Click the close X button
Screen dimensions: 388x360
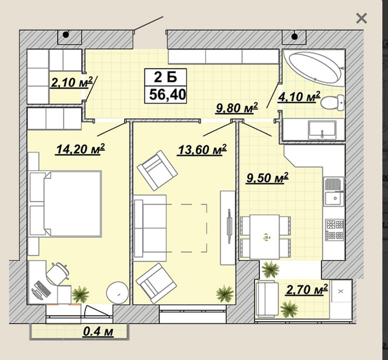(x=361, y=18)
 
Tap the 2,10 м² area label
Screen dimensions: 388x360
(x=72, y=82)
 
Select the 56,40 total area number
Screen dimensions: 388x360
(x=168, y=94)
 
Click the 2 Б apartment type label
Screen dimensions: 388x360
(x=166, y=77)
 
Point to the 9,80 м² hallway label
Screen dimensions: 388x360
(x=237, y=108)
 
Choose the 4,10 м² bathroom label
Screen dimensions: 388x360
(x=299, y=97)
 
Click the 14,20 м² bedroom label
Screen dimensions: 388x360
(x=81, y=149)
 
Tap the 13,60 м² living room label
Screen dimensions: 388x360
(x=202, y=150)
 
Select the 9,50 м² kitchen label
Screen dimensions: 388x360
(x=267, y=178)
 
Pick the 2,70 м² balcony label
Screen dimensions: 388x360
(x=307, y=289)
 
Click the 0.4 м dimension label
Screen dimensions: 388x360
(x=98, y=332)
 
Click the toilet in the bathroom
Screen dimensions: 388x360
(x=333, y=103)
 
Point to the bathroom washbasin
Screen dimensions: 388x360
(x=322, y=130)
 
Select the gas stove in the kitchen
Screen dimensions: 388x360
(x=334, y=229)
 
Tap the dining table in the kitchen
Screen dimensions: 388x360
(x=265, y=237)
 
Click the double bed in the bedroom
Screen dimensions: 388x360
(x=66, y=203)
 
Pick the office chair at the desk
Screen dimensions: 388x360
(x=58, y=273)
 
